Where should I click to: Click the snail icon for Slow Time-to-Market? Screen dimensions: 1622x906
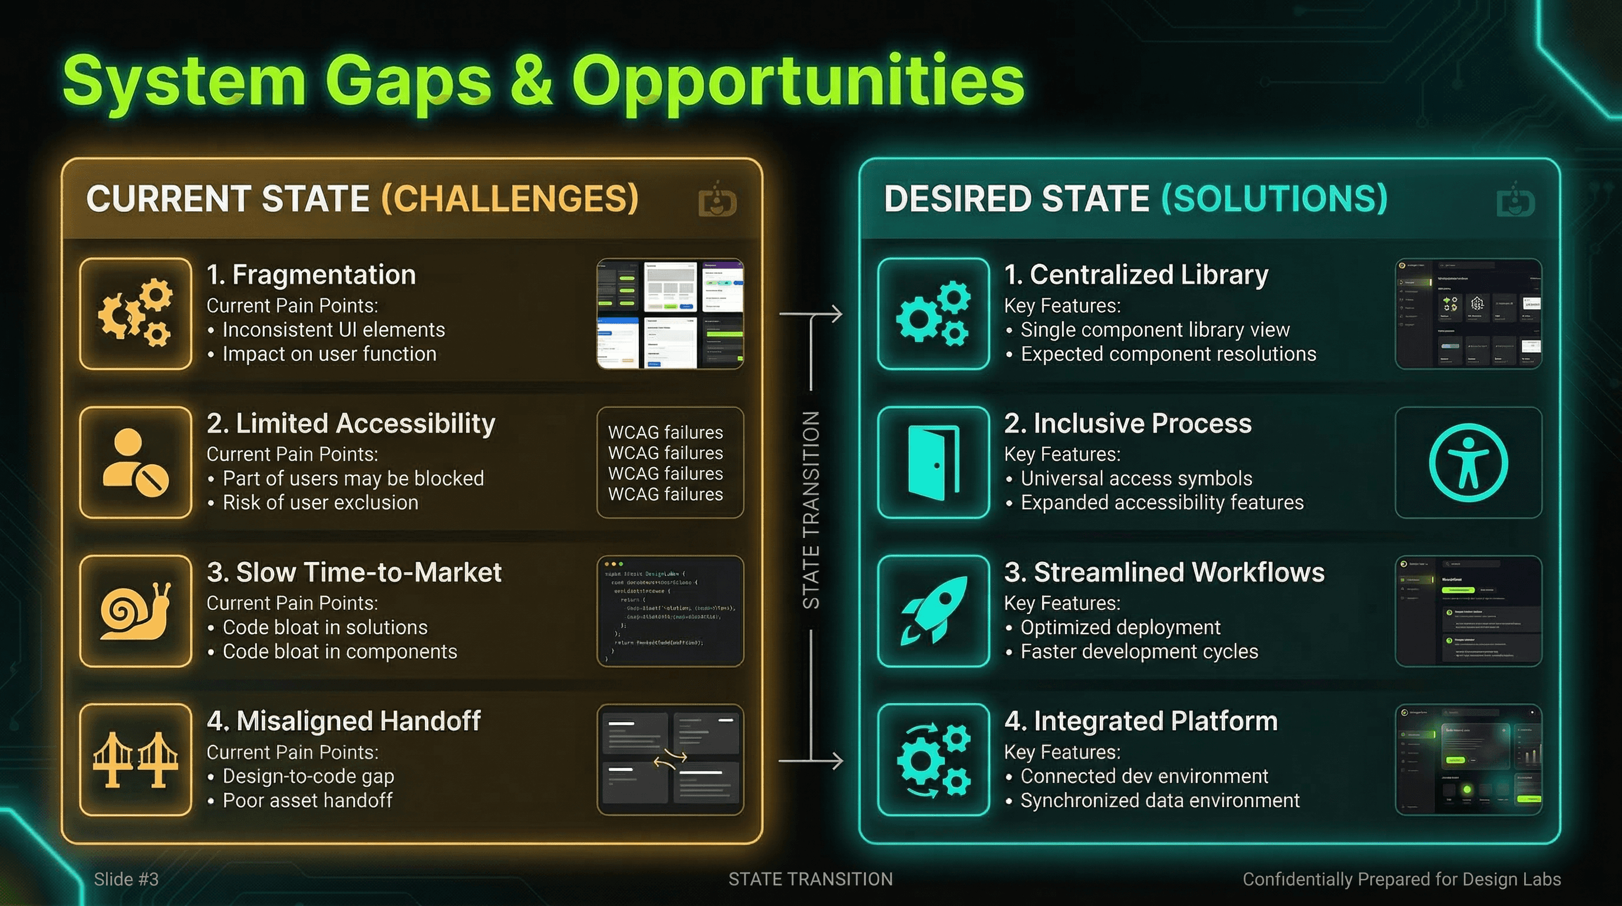click(136, 611)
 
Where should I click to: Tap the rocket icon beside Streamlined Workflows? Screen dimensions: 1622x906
click(933, 611)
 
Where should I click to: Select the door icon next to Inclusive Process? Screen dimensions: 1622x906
click(933, 462)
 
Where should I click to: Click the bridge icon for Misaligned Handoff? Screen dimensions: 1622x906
click(136, 760)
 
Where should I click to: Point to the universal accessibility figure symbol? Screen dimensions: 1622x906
click(1468, 462)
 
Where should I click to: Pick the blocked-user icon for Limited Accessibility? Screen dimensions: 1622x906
click(136, 462)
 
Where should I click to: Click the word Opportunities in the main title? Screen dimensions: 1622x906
click(797, 82)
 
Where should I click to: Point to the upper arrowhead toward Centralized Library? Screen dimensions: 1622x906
click(836, 314)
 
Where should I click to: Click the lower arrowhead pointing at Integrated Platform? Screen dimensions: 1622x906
click(836, 760)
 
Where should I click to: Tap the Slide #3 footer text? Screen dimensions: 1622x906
click(126, 879)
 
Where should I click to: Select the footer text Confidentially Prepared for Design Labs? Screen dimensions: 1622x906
click(1401, 879)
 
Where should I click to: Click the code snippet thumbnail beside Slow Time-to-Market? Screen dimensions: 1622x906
click(670, 611)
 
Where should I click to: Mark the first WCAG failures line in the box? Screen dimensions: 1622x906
click(665, 432)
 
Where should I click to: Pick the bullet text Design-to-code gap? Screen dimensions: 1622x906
click(308, 776)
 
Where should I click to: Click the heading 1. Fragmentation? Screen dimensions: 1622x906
click(311, 275)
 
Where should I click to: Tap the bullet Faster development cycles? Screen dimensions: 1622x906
click(1139, 651)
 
